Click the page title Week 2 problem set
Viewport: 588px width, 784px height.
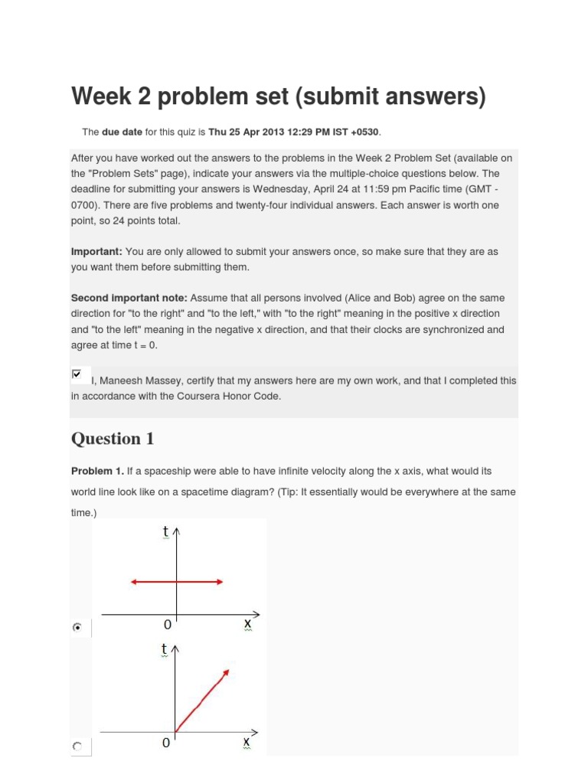[x=278, y=97]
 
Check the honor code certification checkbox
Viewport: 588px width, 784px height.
[x=76, y=374]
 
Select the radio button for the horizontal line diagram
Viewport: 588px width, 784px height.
[x=77, y=627]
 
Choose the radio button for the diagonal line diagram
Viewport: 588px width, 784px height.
[x=77, y=745]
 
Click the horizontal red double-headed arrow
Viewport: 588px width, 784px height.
[x=177, y=582]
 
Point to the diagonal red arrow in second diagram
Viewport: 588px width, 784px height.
[x=203, y=700]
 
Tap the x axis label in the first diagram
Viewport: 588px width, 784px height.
[x=247, y=624]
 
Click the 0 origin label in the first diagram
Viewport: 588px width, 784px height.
[x=167, y=626]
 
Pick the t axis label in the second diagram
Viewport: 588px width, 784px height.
[x=164, y=649]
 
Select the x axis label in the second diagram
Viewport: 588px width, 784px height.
[x=247, y=742]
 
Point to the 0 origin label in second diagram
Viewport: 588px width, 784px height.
[x=166, y=743]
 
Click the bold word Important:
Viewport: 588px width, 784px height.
[x=96, y=251]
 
